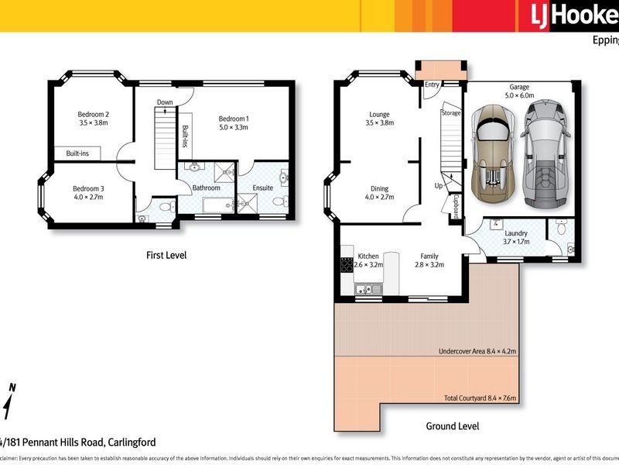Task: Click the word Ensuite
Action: click(262, 188)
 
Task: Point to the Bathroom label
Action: click(207, 188)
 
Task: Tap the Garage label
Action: click(519, 87)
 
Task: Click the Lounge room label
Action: click(379, 114)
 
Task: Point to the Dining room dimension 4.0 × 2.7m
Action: click(379, 198)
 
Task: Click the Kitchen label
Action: click(368, 256)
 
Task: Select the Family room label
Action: click(429, 256)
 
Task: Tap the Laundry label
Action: click(516, 232)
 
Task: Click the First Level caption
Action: click(166, 255)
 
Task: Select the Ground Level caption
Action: click(453, 426)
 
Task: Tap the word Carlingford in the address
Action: click(127, 443)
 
